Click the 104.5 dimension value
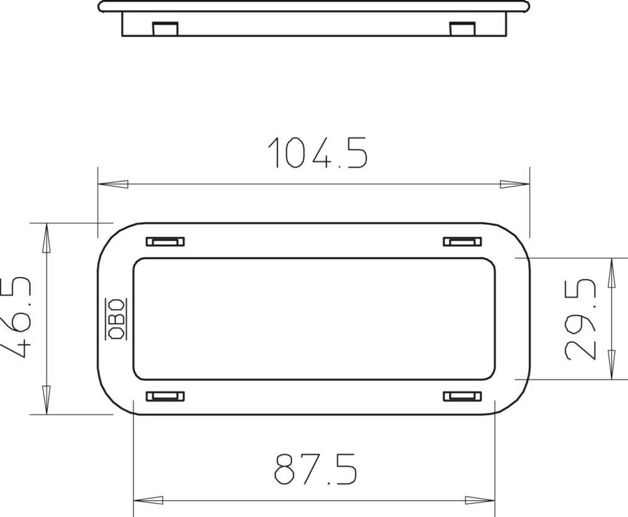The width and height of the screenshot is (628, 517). tap(318, 152)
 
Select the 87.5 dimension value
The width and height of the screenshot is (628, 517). tap(315, 469)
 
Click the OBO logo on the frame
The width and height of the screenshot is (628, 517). tap(116, 319)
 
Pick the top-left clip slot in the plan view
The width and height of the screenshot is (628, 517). tap(165, 241)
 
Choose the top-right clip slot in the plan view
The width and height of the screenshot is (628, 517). tap(462, 241)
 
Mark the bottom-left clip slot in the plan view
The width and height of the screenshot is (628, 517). tap(165, 396)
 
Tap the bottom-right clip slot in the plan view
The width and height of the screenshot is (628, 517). tap(462, 396)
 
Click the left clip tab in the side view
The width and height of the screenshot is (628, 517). tap(165, 29)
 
